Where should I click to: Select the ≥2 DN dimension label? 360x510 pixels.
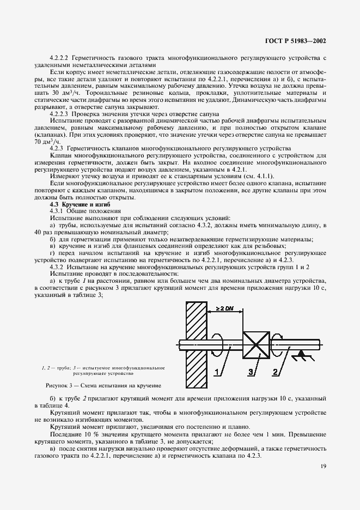tap(225, 308)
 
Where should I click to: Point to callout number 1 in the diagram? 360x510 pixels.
tap(218, 372)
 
